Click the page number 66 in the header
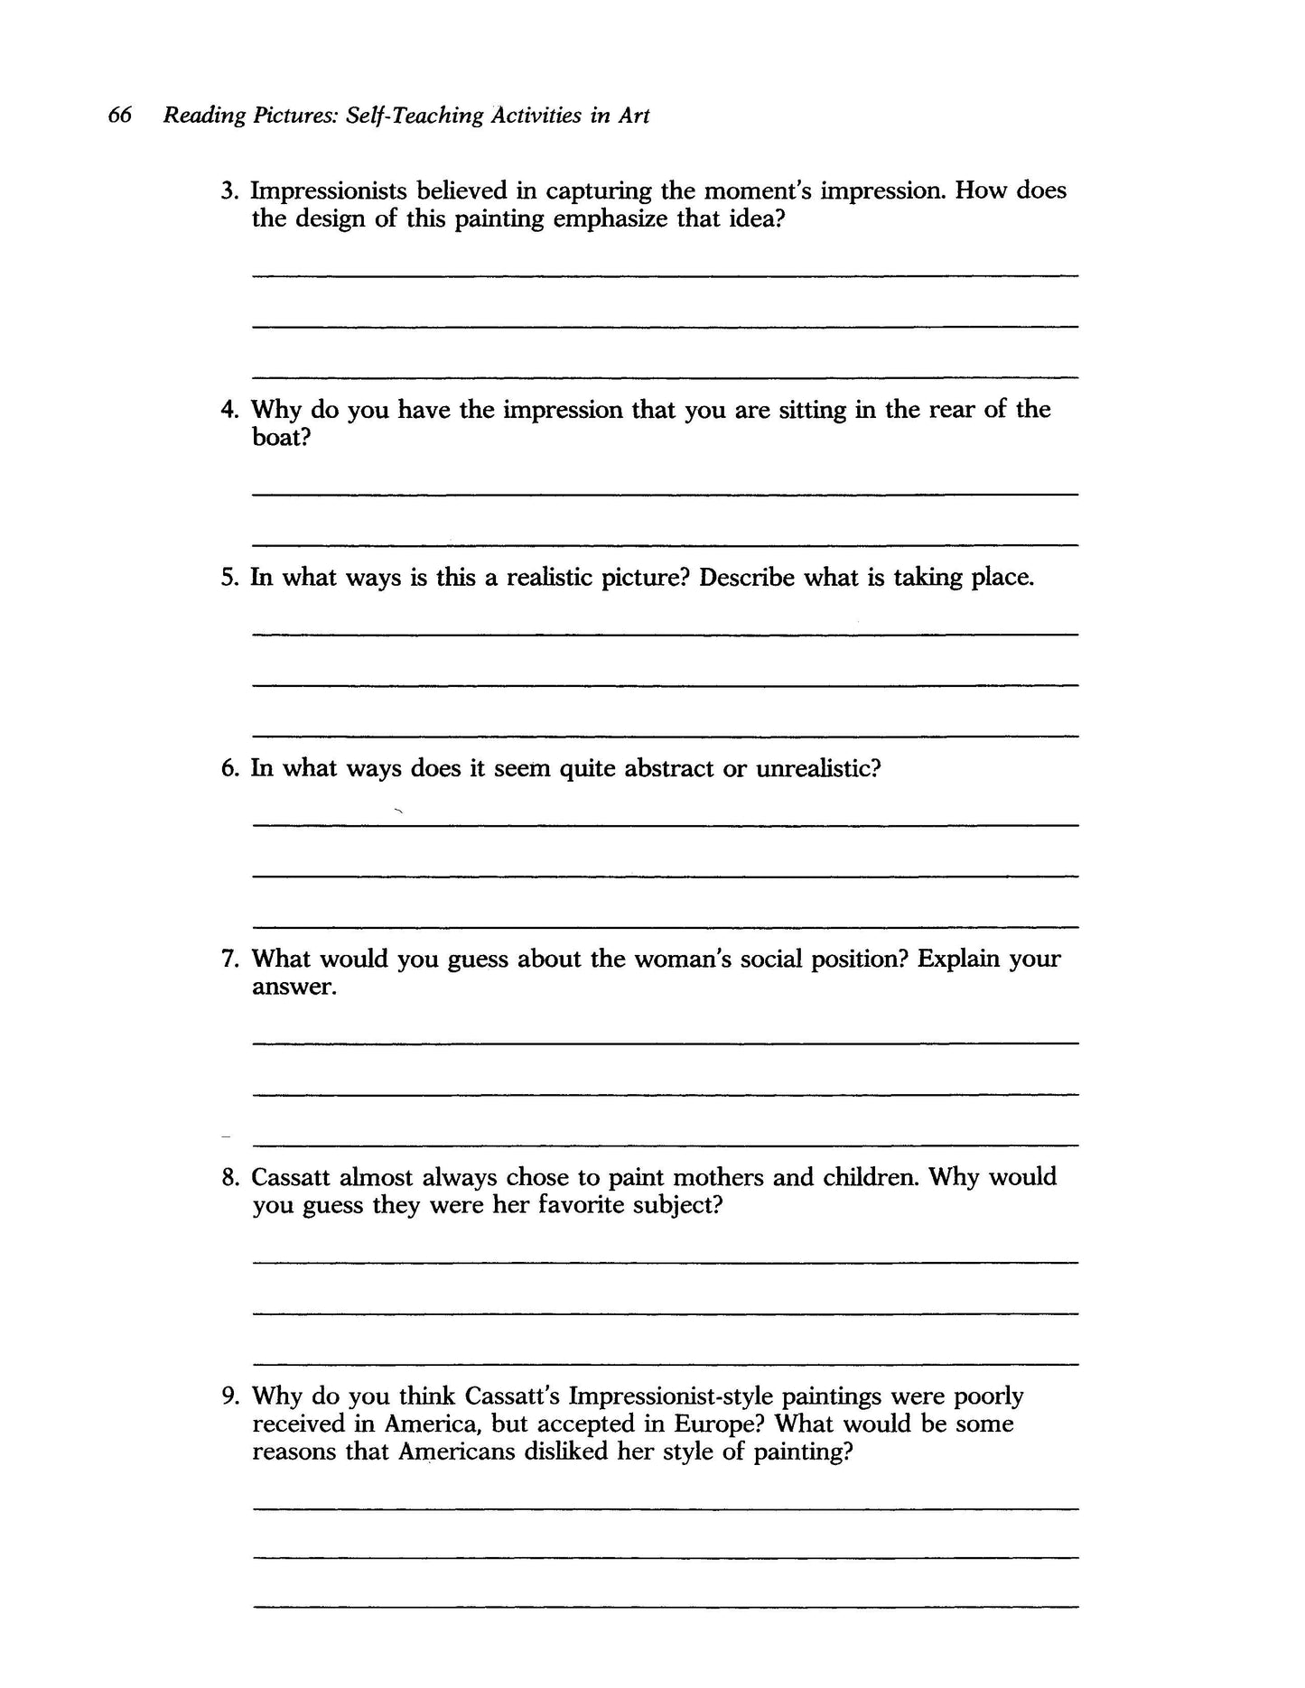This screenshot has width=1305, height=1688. [120, 116]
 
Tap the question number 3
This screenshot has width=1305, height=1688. [228, 191]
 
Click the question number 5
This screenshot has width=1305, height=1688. [228, 578]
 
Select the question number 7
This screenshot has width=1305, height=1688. [228, 959]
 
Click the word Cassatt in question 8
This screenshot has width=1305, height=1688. [292, 1177]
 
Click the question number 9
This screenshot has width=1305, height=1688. [228, 1396]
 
